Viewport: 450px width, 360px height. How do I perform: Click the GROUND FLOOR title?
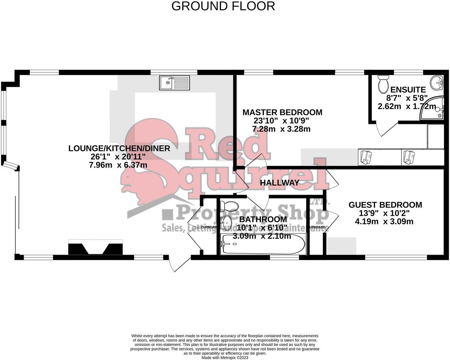point(223,6)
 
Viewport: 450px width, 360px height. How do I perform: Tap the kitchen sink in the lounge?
point(174,83)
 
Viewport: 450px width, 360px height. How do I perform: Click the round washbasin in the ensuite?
point(436,82)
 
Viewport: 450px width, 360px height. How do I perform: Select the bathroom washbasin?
point(226,223)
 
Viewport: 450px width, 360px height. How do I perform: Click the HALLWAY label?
point(280,183)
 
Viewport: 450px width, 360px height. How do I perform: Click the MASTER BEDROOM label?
point(282,112)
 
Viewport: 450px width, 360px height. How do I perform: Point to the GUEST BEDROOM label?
point(385,205)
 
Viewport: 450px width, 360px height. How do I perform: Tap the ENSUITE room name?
point(408,90)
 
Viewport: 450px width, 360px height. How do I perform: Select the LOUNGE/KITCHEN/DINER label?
point(119,148)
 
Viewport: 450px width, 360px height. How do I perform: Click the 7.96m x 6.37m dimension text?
point(118,165)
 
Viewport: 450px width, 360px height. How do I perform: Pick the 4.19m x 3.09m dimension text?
point(384,221)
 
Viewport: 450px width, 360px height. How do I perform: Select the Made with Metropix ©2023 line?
point(225,358)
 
